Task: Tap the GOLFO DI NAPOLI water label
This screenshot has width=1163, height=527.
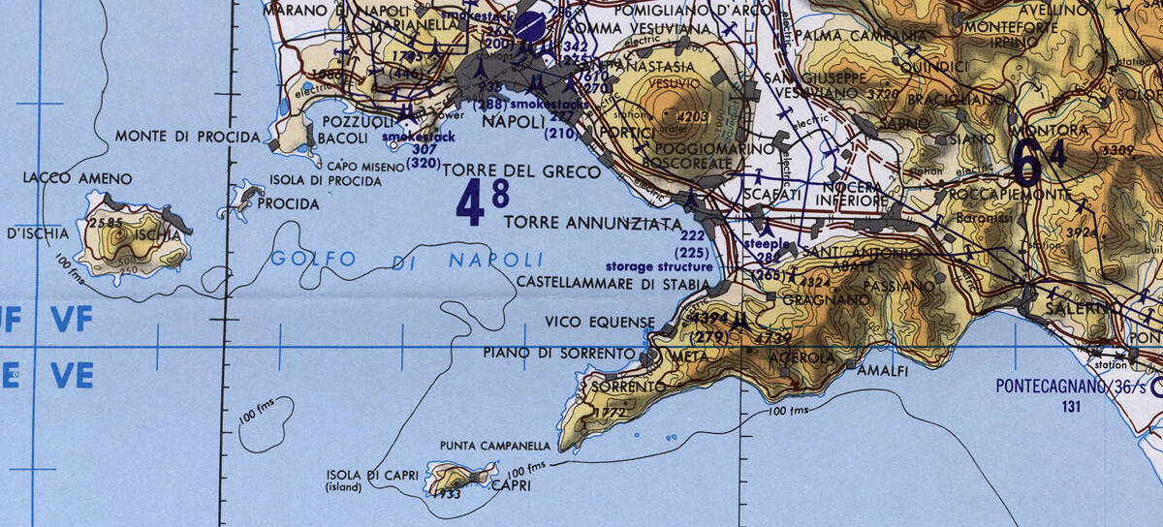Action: (406, 260)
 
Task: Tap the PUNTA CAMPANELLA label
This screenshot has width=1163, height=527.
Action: (494, 447)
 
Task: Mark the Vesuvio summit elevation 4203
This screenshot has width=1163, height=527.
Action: (694, 117)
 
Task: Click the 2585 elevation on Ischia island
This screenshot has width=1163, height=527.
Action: (104, 223)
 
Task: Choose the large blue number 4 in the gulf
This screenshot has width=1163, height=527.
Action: (470, 205)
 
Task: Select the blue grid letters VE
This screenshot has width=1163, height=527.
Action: (72, 375)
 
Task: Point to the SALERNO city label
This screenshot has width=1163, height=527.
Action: (1076, 308)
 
